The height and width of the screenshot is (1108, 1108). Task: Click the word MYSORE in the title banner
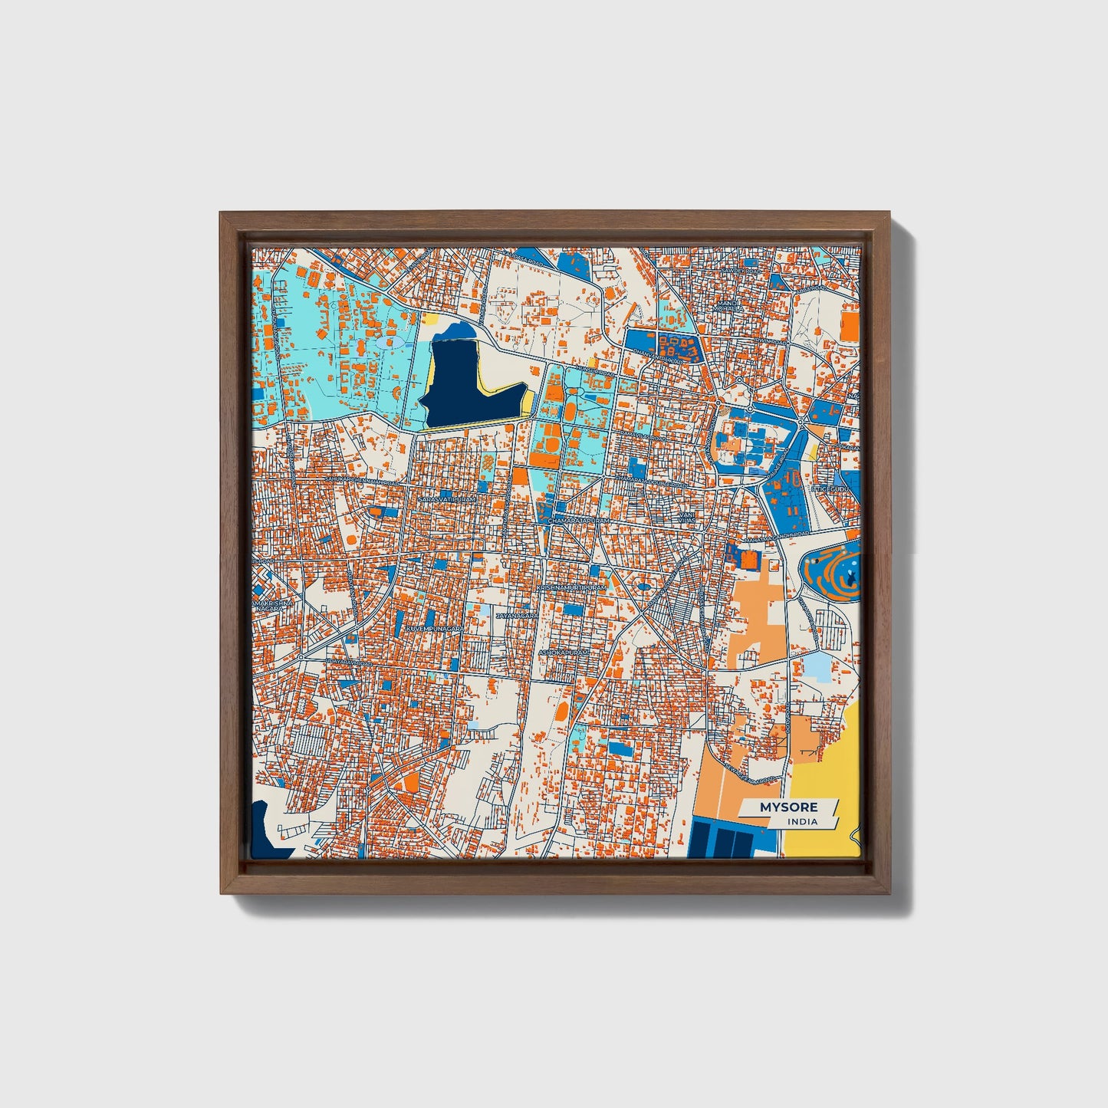(788, 807)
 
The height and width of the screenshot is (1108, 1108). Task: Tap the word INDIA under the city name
(802, 821)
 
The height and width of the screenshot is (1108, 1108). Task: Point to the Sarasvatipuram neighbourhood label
(446, 498)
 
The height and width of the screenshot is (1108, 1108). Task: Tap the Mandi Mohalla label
(725, 305)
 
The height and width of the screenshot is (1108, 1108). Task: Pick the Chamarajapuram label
(579, 521)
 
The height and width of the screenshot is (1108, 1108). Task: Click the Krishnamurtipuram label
(572, 587)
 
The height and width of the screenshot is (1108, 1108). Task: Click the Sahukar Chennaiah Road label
(362, 481)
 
